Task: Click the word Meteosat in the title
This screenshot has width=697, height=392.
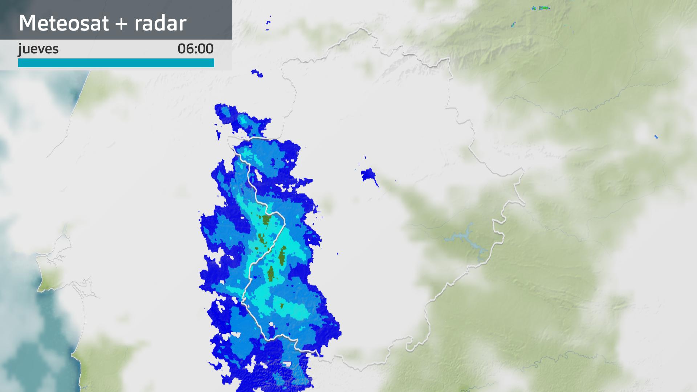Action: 64,23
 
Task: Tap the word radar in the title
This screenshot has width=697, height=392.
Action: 160,23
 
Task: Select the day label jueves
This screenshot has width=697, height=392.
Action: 38,49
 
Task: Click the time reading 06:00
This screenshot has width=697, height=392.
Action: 195,49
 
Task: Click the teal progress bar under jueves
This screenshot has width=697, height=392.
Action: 116,63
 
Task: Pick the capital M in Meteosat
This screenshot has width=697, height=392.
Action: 27,23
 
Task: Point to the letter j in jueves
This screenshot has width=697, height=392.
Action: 20,49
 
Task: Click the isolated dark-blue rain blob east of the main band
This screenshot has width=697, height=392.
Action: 368,175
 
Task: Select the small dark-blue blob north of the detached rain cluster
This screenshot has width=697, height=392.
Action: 257,73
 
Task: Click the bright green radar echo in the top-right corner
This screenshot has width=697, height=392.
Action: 543,8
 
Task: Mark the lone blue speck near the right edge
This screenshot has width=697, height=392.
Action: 656,137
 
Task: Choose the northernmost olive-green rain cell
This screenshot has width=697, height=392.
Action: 266,220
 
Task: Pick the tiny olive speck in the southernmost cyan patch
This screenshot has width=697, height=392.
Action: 282,306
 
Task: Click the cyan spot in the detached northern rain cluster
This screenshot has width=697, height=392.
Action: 241,119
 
